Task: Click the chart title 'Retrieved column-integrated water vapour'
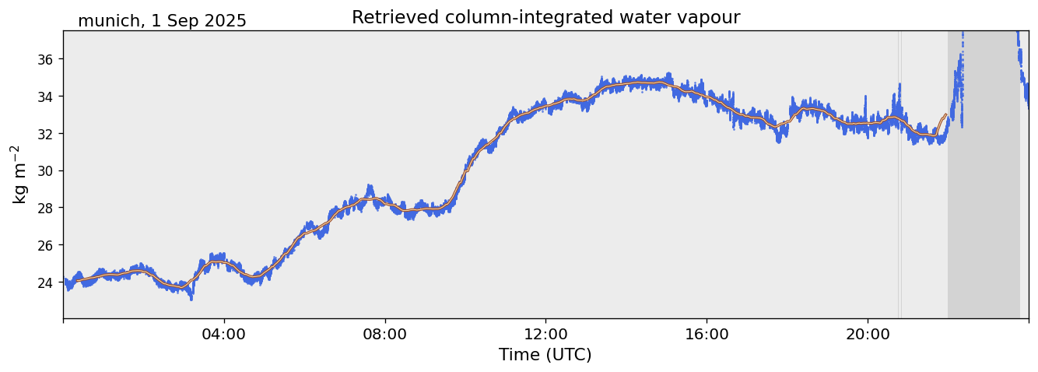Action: point(545,17)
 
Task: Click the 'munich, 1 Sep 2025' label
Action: point(162,21)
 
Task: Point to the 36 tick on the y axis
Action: point(47,59)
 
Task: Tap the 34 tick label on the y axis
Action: point(47,97)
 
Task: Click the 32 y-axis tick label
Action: point(47,134)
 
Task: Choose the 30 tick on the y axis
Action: point(47,170)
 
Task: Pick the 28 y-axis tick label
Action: point(47,208)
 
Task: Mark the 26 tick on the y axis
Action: point(47,245)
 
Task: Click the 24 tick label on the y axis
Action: point(47,283)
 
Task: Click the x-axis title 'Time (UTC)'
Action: point(545,355)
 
